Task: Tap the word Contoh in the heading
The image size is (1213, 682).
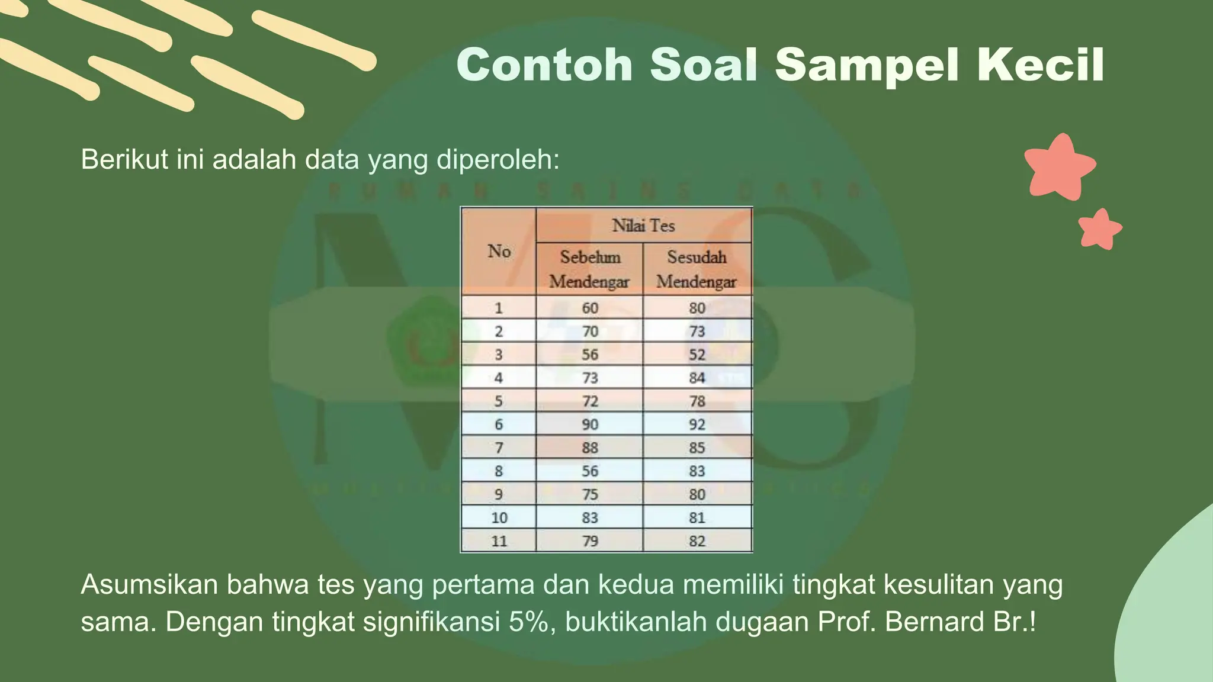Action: [x=545, y=65]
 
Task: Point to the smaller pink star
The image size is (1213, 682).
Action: [x=1099, y=229]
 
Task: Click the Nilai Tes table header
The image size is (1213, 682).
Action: [x=643, y=225]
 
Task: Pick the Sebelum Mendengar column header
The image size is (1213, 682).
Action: [x=589, y=269]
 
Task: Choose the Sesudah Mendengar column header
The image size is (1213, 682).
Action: [x=697, y=269]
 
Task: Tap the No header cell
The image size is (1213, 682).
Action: [x=499, y=251]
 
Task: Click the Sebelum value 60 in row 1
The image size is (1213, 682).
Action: [x=590, y=308]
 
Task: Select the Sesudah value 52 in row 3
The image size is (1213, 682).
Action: [x=697, y=355]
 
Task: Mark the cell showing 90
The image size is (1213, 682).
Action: [x=590, y=424]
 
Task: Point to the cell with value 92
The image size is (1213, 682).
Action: [x=697, y=424]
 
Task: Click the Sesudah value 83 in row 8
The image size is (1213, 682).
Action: [x=697, y=471]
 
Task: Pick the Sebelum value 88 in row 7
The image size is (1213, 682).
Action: [x=590, y=448]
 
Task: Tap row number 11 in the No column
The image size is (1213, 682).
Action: [x=499, y=541]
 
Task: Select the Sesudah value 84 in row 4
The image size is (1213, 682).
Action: [x=697, y=378]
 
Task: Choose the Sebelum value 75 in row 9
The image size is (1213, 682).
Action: [x=590, y=494]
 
